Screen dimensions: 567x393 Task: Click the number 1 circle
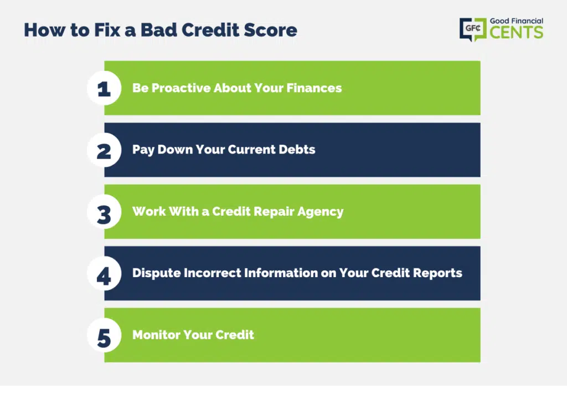pos(104,88)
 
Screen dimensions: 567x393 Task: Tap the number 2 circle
pos(104,150)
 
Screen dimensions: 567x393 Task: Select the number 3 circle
pos(104,212)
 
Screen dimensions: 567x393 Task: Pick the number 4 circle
pos(104,274)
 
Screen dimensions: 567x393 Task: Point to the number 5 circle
pos(104,335)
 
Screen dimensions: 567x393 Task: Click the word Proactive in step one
pos(181,88)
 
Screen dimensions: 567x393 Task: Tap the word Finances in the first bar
pos(314,88)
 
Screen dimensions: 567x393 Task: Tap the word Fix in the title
pos(107,30)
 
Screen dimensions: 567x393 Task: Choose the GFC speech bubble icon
pos(473,29)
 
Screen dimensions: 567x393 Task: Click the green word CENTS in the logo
pos(517,32)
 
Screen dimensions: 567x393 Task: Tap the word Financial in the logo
pos(526,21)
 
